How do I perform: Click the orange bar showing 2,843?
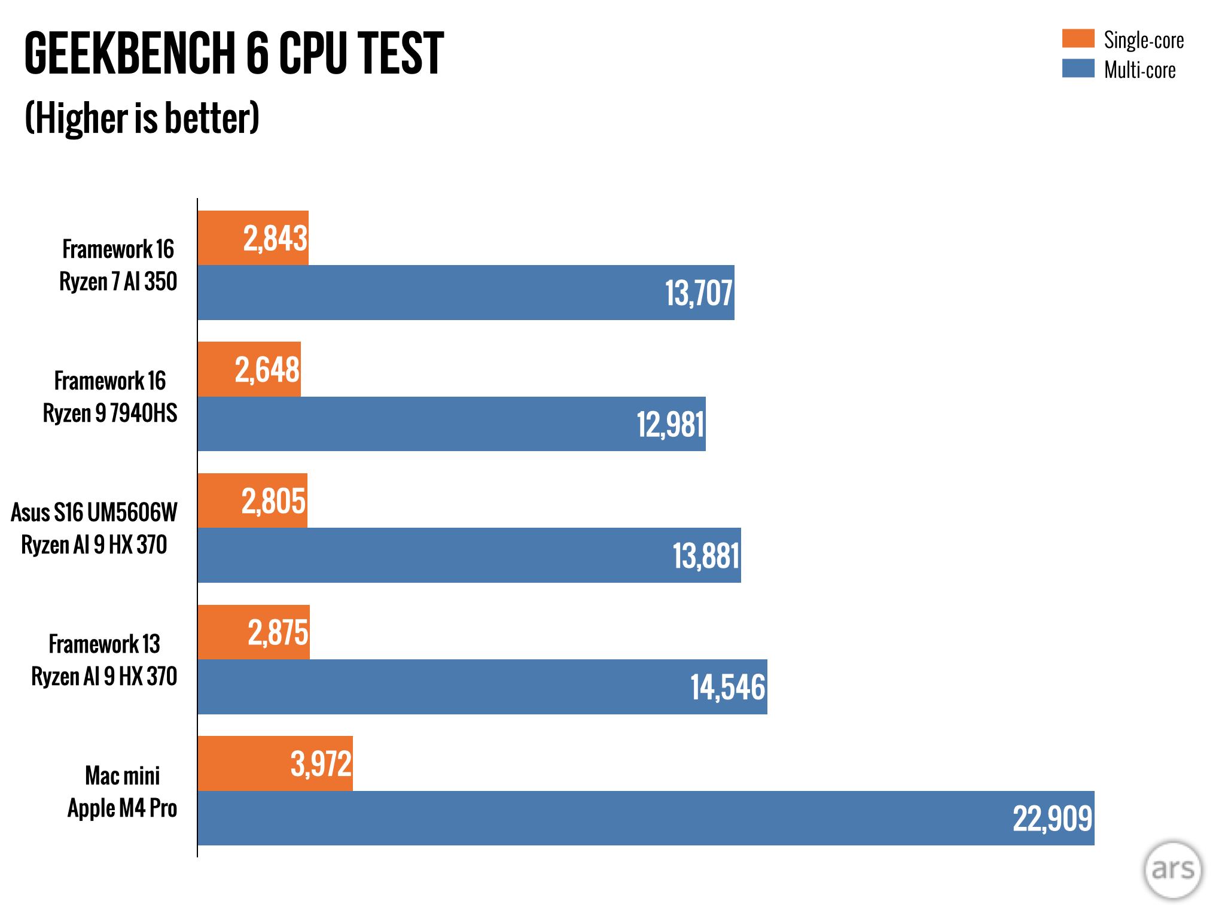point(253,238)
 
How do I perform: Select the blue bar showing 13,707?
point(465,293)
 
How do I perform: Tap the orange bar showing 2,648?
point(249,369)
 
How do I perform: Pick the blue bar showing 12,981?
point(451,424)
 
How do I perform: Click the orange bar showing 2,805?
point(252,501)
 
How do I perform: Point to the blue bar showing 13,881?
point(469,555)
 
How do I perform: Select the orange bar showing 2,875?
point(254,632)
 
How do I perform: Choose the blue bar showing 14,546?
point(482,687)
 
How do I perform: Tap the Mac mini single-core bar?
point(275,763)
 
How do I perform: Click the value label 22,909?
point(1052,818)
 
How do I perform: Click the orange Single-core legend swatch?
point(1078,38)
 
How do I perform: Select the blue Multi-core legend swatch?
point(1078,68)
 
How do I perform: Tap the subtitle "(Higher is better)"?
point(142,118)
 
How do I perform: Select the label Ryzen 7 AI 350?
point(118,281)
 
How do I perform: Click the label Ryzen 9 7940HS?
point(110,413)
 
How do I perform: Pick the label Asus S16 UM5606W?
point(95,512)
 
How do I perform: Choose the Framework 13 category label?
point(105,644)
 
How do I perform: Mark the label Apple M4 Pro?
point(122,808)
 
